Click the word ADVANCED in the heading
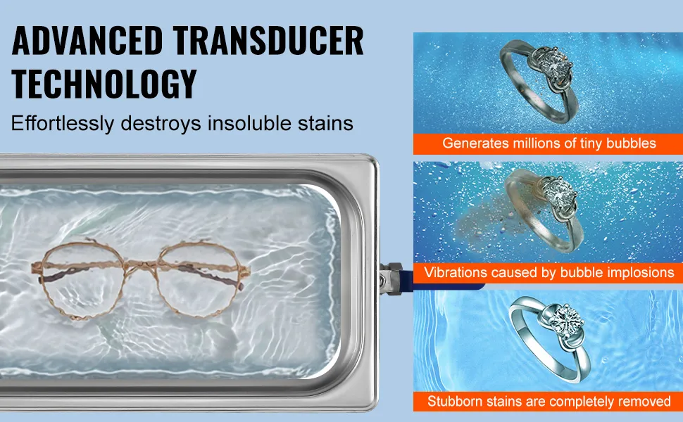click(87, 41)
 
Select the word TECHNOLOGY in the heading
click(104, 84)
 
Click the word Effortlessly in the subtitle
click(62, 124)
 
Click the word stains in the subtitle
click(325, 124)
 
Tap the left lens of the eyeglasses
click(83, 279)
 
